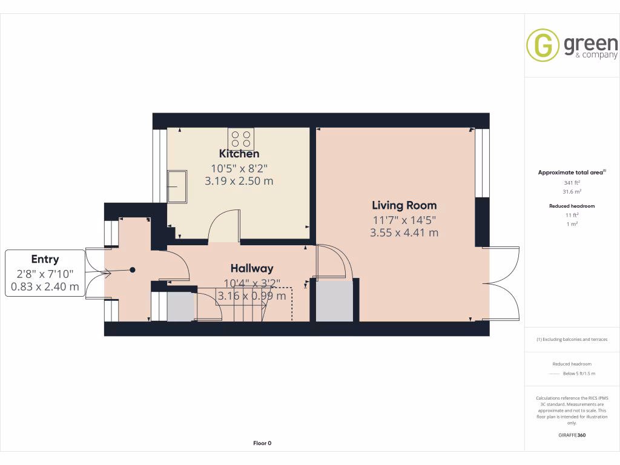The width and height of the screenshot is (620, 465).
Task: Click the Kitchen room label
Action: tap(239, 154)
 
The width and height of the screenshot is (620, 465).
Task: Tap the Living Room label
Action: tap(404, 205)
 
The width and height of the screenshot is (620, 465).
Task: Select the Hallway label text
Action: tap(252, 268)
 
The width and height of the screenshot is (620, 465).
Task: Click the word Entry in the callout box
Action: tap(45, 259)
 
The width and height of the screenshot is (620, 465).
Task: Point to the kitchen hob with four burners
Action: tap(241, 139)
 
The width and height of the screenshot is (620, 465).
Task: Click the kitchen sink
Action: tap(177, 186)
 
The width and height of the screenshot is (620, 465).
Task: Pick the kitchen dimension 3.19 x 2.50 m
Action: tap(239, 181)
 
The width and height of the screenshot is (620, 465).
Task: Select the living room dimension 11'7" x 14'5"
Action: tap(404, 220)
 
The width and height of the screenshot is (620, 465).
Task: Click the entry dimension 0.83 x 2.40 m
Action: tap(45, 288)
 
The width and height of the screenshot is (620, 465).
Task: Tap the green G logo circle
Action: tap(542, 45)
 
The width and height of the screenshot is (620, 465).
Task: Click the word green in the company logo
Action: tap(590, 44)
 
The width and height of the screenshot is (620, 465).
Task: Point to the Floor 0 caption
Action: tap(262, 443)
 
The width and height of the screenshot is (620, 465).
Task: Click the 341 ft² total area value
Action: tap(572, 182)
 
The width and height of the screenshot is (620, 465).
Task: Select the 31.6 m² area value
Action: tap(572, 192)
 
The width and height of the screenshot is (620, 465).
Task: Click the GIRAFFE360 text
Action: tap(572, 435)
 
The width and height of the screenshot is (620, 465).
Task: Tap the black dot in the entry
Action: tap(133, 270)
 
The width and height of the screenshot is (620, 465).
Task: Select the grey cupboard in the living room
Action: tap(334, 301)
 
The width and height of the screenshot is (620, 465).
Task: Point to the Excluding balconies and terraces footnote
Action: tap(572, 340)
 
